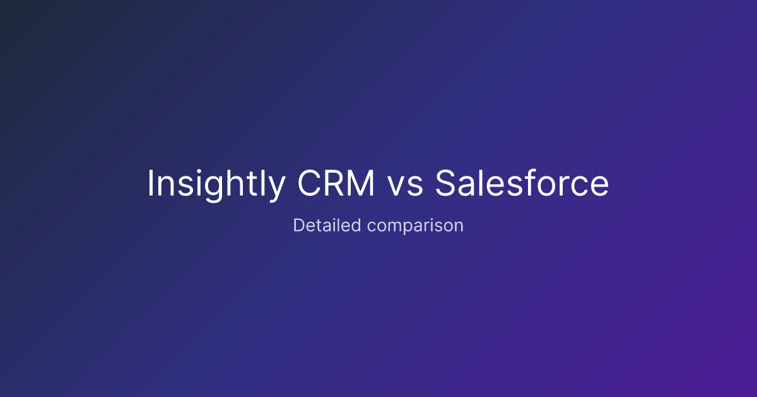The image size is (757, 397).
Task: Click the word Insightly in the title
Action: (x=216, y=184)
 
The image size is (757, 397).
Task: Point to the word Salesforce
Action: (x=522, y=184)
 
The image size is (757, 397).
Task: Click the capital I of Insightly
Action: (x=151, y=184)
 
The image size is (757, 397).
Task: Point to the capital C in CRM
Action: (x=308, y=184)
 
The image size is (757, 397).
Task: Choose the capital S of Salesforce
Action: (x=446, y=184)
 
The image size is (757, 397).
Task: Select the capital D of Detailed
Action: (x=298, y=225)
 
